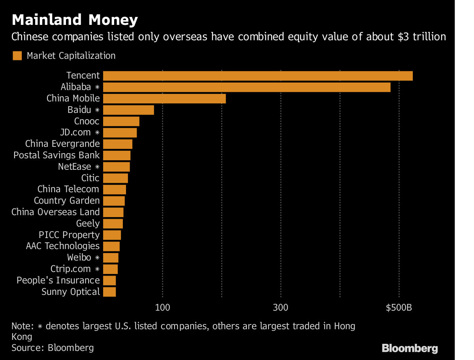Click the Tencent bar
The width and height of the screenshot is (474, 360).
click(258, 76)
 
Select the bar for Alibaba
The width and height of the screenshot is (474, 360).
click(246, 87)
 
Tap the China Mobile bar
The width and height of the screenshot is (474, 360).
click(164, 98)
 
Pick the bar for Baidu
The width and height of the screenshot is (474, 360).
click(128, 110)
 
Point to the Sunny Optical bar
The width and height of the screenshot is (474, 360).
click(109, 292)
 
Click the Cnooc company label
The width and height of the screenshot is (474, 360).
click(87, 121)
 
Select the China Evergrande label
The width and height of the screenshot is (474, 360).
click(62, 144)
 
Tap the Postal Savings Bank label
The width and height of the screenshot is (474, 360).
click(56, 155)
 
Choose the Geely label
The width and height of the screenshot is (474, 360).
click(88, 223)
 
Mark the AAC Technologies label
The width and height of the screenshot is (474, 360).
click(62, 246)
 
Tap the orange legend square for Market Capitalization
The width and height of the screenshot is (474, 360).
click(17, 56)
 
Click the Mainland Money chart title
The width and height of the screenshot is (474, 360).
click(75, 20)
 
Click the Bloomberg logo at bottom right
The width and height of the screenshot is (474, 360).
click(410, 348)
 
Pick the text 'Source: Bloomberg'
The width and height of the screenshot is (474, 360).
click(53, 348)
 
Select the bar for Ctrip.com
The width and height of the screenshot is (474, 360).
click(110, 269)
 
